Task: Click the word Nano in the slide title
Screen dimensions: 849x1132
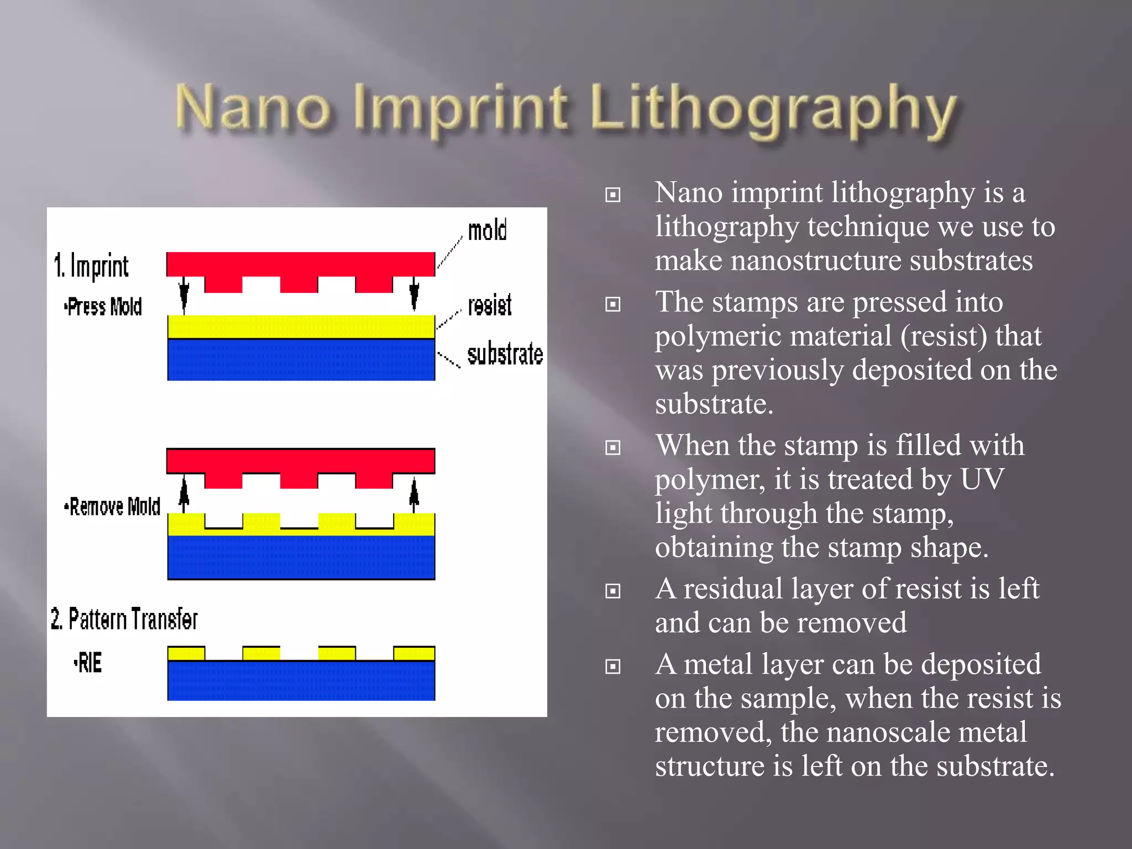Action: coord(253,108)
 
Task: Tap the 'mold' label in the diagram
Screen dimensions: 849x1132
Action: coord(487,230)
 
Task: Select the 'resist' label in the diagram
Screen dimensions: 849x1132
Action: coord(490,305)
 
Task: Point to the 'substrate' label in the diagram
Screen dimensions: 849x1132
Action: coord(505,354)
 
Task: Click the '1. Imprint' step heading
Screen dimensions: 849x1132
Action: coord(92,266)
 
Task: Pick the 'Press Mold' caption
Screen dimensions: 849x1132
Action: coord(103,306)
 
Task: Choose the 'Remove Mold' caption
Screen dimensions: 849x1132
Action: coord(113,506)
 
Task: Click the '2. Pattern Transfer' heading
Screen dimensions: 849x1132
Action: coord(124,619)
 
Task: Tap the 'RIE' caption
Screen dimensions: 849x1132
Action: coord(88,663)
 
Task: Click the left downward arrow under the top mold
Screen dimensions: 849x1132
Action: coord(184,295)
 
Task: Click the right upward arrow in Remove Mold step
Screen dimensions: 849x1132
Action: coord(414,494)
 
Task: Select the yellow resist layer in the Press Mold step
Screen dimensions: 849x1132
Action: coord(301,326)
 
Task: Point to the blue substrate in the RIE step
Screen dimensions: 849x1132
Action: coord(301,681)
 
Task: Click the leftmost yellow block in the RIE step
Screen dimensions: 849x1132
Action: coord(186,653)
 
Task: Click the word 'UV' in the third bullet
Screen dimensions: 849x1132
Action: coord(982,479)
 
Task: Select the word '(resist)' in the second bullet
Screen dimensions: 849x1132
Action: coord(944,336)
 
